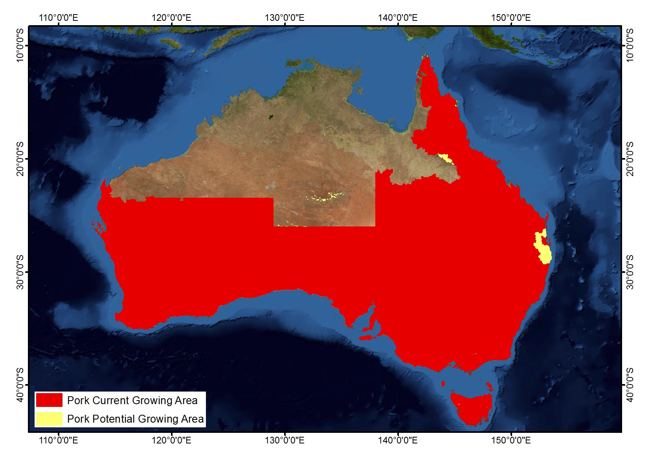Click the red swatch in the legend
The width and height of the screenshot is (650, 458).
pyautogui.click(x=49, y=400)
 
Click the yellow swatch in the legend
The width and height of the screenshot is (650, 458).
pyautogui.click(x=49, y=419)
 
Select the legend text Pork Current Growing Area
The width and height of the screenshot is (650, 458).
pyautogui.click(x=132, y=400)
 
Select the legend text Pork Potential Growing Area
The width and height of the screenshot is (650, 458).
pyautogui.click(x=135, y=419)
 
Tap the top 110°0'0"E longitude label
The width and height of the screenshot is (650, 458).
pyautogui.click(x=59, y=18)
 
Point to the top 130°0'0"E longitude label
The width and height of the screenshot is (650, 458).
pyautogui.click(x=285, y=18)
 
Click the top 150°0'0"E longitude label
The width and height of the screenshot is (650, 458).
pyautogui.click(x=511, y=18)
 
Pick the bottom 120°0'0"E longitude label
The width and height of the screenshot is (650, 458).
pyautogui.click(x=171, y=440)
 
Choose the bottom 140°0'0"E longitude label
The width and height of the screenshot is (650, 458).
pyautogui.click(x=398, y=440)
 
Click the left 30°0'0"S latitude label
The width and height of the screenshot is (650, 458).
pyautogui.click(x=20, y=272)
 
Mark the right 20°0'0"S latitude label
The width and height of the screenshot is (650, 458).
pyautogui.click(x=630, y=159)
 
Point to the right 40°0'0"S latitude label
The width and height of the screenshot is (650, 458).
pyautogui.click(x=630, y=385)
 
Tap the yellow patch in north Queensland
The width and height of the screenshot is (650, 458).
pyautogui.click(x=445, y=158)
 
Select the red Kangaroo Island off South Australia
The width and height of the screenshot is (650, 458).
pyautogui.click(x=369, y=337)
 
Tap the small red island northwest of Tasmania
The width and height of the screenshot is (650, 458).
pyautogui.click(x=443, y=383)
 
